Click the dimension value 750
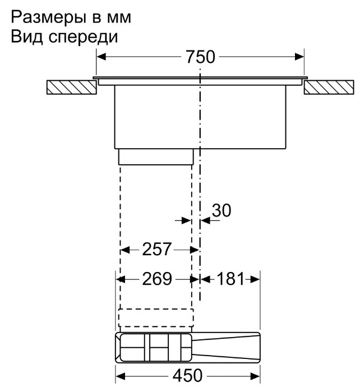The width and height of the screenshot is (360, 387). coord(200,58)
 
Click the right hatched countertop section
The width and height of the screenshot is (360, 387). coord(329,87)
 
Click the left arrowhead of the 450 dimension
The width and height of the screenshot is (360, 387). coord(120,374)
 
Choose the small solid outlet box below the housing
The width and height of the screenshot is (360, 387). coord(156,158)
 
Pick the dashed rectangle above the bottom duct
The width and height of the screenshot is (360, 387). coord(156,317)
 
